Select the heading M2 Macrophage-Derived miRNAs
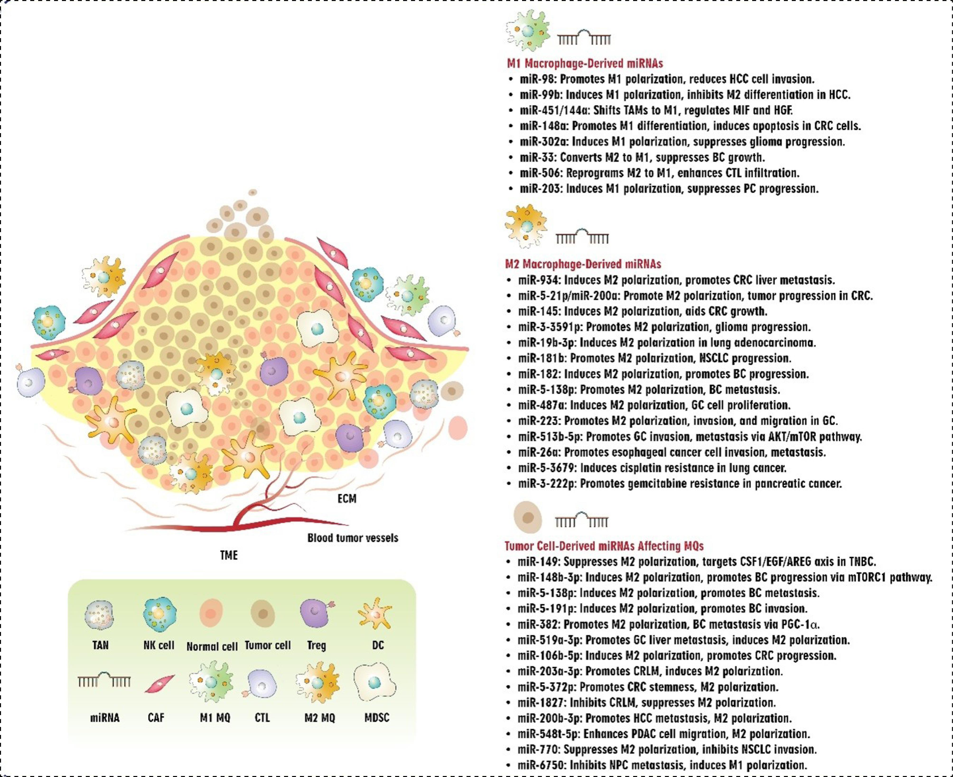coord(583,264)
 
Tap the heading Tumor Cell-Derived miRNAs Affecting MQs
coord(604,546)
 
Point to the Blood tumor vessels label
coord(353,538)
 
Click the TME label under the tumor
coord(229,555)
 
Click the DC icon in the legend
coord(375,614)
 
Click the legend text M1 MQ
coord(215,718)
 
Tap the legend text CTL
coord(262,718)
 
